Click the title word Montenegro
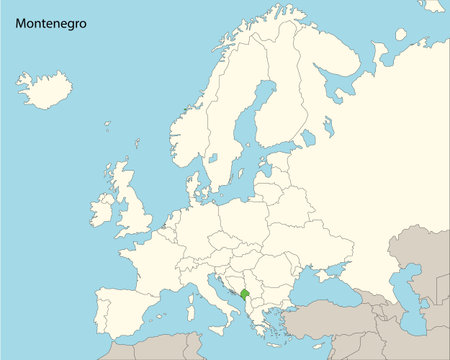pyautogui.click(x=50, y=22)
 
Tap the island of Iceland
pyautogui.click(x=44, y=89)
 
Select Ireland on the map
pyautogui.click(x=102, y=209)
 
